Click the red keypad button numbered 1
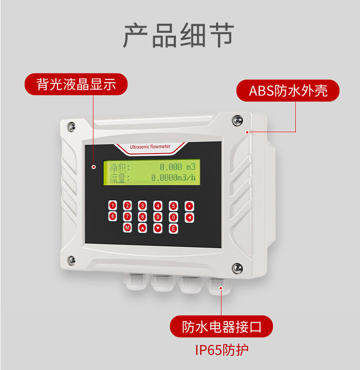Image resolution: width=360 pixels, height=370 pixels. tap(113, 206)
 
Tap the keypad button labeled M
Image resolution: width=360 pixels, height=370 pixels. tap(128, 228)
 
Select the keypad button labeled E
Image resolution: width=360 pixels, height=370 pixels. tap(174, 228)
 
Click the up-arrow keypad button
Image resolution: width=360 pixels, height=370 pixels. tap(143, 228)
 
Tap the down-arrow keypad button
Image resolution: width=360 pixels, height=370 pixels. tap(158, 228)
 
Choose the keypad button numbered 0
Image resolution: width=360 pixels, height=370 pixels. tap(174, 217)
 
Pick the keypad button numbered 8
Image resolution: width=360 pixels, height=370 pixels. tap(143, 216)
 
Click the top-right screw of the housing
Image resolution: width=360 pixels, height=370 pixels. tap(237, 121)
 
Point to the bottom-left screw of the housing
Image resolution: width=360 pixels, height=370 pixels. tap(72, 260)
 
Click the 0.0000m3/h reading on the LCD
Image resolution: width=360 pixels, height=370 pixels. tap(173, 177)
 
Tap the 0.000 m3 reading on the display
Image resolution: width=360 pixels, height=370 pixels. tap(177, 167)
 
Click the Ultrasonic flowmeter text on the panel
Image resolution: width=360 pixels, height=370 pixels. tap(150, 147)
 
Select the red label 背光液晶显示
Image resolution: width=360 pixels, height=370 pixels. tap(76, 84)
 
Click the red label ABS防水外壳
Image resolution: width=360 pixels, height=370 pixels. tap(288, 91)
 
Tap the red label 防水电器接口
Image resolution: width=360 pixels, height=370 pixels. tap(221, 327)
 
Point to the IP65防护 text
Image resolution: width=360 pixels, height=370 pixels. tap(221, 350)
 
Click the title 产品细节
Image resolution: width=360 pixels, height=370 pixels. tap(179, 35)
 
